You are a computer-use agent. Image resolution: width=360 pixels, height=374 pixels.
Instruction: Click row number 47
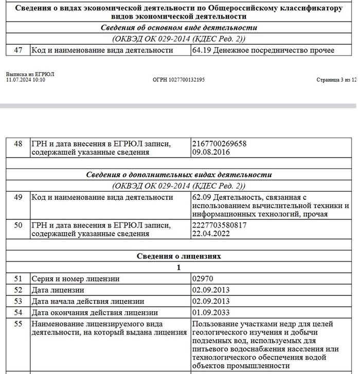point(18,50)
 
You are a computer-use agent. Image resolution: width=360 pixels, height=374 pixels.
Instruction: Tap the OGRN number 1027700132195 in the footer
point(178,80)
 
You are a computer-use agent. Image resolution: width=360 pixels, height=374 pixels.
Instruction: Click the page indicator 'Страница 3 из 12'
point(336,80)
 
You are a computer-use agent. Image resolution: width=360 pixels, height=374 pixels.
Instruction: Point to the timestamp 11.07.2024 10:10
point(26,80)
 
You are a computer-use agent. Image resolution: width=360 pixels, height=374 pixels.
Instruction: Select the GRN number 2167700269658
point(219,144)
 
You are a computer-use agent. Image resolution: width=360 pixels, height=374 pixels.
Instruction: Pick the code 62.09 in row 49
point(202,197)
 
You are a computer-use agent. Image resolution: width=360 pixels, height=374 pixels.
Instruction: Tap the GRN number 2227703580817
point(219,225)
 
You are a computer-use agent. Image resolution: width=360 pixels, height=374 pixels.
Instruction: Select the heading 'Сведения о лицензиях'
point(179,256)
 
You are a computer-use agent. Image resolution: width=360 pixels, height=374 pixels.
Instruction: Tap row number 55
point(18,324)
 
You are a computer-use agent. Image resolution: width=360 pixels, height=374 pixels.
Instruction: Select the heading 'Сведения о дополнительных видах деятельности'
point(179,175)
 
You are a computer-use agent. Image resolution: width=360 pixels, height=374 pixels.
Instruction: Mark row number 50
point(18,225)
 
